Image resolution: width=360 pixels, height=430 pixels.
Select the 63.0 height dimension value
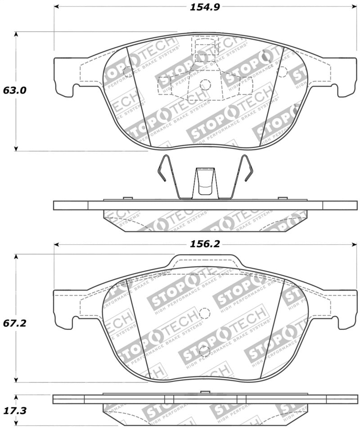[x=15, y=90]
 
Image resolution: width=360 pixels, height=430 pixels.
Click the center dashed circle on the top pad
[x=205, y=84]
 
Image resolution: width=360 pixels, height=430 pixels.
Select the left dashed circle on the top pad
[x=127, y=70]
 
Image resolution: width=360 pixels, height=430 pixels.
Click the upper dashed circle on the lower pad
[x=205, y=314]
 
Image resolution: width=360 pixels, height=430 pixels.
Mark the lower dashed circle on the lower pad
[x=205, y=351]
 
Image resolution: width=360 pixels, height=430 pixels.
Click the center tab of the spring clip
[x=205, y=182]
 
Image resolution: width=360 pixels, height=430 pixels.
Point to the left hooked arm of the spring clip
[x=164, y=169]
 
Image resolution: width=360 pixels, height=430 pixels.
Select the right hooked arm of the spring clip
[x=246, y=169]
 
